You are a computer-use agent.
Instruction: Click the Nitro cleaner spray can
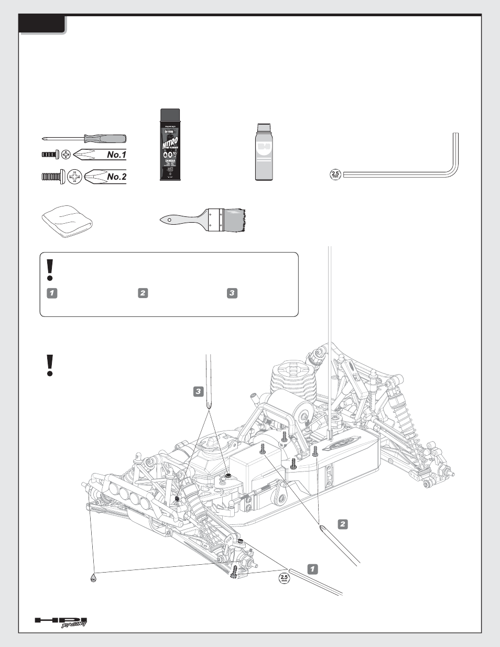pos(170,145)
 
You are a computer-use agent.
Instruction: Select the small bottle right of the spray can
pos(265,152)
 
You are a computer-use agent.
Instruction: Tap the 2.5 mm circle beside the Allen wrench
pos(335,174)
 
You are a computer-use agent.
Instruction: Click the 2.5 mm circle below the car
pos(284,578)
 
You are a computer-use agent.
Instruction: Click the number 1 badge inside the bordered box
pos(51,293)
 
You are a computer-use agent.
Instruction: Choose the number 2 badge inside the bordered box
pos(143,293)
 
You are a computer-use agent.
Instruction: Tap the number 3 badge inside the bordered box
pos(232,293)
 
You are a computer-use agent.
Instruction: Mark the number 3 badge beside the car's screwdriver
pos(198,391)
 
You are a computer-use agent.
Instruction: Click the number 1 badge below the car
pos(312,569)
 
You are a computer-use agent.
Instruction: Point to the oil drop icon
pos(93,577)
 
